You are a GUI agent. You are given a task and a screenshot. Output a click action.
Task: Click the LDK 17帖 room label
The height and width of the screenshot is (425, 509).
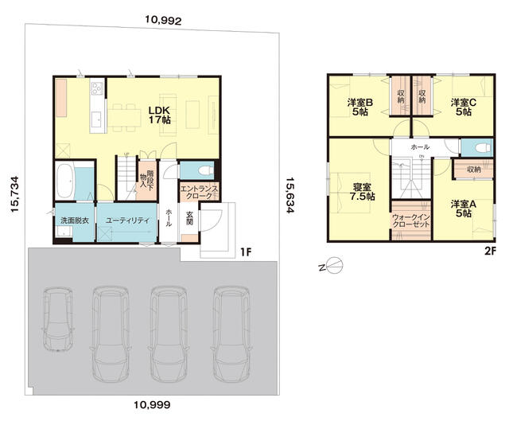pyautogui.click(x=160, y=115)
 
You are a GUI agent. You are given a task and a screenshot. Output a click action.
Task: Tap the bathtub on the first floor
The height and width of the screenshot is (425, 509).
pyautogui.click(x=65, y=181)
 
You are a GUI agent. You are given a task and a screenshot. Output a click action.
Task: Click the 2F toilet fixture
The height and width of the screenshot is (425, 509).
pyautogui.click(x=484, y=148)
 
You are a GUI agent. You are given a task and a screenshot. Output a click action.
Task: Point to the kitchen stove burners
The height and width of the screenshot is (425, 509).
pyautogui.click(x=97, y=88)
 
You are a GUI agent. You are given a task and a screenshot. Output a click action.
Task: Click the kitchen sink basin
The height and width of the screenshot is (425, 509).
pyautogui.click(x=97, y=120)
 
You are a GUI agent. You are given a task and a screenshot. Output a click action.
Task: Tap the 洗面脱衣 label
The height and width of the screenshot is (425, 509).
pyautogui.click(x=75, y=220)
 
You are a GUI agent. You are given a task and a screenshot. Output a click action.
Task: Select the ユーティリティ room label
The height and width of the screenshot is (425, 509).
pyautogui.click(x=127, y=220)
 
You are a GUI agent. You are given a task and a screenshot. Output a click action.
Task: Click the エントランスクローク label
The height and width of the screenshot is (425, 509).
pyautogui.click(x=199, y=193)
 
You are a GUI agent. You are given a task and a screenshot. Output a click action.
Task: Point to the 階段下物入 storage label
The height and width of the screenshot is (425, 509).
pyautogui.click(x=146, y=180)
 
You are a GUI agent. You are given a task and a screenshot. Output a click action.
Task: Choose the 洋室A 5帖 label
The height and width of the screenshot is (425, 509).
pyautogui.click(x=463, y=209)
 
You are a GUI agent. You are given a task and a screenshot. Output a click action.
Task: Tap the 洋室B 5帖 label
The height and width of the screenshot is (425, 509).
pyautogui.click(x=359, y=107)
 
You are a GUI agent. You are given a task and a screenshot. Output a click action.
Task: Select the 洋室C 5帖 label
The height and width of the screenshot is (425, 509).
pyautogui.click(x=463, y=107)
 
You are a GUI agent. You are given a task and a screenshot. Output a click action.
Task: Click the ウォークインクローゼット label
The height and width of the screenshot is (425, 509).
pyautogui.click(x=411, y=220)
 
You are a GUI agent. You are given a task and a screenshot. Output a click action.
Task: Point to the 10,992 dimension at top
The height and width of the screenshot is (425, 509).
pyautogui.click(x=163, y=21)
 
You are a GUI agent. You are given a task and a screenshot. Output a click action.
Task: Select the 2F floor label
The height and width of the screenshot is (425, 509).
pyautogui.click(x=491, y=252)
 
